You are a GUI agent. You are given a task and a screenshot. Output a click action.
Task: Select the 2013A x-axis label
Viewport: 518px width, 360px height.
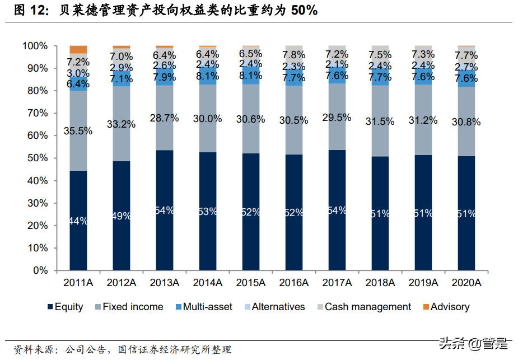coord(165,283)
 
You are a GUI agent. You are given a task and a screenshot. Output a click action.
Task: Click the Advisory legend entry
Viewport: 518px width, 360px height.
coord(445,307)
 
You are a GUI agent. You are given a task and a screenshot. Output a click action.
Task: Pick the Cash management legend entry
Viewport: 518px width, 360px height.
coord(362,307)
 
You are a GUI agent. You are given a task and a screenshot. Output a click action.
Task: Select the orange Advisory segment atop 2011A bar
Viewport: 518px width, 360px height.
coord(78,49)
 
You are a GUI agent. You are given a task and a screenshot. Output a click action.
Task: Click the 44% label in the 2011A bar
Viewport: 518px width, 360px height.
coord(78,221)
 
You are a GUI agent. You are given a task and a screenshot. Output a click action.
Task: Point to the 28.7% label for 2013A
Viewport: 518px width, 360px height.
coord(165,118)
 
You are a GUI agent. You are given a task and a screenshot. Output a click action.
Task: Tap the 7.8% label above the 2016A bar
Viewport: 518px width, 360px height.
coord(294,55)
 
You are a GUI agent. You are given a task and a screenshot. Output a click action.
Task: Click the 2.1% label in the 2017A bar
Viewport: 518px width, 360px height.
coord(337,65)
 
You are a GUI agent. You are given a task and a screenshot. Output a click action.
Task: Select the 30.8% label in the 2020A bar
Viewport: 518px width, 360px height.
coord(466,121)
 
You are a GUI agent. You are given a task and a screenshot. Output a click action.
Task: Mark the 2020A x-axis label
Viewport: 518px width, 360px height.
coord(466,283)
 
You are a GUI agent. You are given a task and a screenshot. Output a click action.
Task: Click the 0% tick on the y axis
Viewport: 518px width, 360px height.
coord(40,270)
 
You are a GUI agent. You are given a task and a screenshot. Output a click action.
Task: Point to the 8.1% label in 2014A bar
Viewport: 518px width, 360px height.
coord(208,76)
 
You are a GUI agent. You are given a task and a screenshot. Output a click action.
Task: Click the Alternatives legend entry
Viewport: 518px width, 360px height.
coord(273,307)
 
